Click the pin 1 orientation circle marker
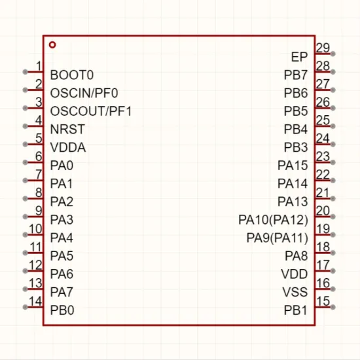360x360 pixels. click(52, 45)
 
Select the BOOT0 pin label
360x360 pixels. click(72, 75)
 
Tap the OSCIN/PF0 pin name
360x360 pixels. click(84, 93)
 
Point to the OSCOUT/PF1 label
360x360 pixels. click(91, 111)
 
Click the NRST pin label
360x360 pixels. click(67, 129)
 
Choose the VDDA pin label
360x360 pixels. click(68, 147)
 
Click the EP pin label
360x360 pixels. click(299, 57)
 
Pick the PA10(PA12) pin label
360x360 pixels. click(273, 220)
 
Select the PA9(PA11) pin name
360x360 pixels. click(277, 238)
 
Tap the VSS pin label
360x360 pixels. click(295, 292)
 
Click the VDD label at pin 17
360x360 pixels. click(295, 274)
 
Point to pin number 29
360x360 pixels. click(323, 48)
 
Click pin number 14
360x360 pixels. click(35, 301)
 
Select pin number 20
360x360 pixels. click(323, 211)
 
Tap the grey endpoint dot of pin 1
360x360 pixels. click(26, 72)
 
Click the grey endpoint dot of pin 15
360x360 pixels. click(333, 307)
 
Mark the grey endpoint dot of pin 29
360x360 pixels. click(333, 54)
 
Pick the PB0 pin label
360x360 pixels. click(62, 310)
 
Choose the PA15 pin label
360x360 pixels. click(293, 166)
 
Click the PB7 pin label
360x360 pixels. click(296, 75)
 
